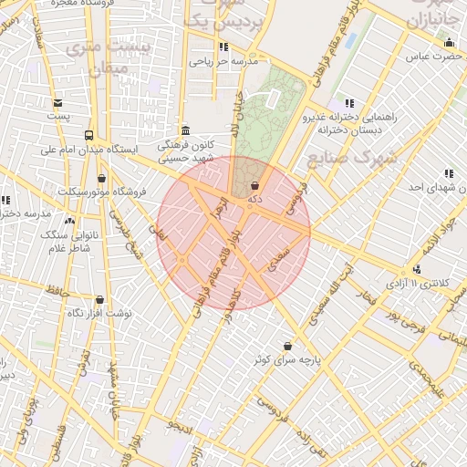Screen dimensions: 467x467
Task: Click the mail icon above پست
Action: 58,103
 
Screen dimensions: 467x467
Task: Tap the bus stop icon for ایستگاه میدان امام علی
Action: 88,134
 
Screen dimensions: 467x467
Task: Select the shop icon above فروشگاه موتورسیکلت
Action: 100,178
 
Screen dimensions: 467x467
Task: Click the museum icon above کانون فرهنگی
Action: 186,130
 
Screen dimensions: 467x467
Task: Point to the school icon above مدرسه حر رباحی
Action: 223,47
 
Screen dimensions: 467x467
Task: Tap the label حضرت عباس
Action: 430,57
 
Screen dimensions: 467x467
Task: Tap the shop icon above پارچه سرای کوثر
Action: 288,347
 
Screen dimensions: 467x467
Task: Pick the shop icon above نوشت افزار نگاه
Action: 99,299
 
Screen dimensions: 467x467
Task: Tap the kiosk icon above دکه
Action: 254,185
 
